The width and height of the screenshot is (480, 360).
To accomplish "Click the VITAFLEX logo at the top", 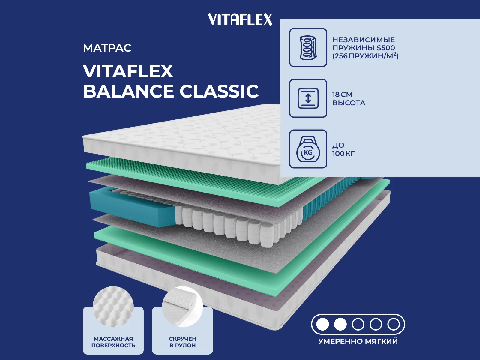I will coord(240,20).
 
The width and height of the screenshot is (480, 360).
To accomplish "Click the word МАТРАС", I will coord(107,48).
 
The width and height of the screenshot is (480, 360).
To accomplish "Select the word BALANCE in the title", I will coord(128,91).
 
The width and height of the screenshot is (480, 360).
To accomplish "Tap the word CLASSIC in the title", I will coord(219,91).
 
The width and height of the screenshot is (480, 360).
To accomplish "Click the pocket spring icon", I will coord(308,47).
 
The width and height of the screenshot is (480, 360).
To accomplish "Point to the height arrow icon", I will coord(308,98).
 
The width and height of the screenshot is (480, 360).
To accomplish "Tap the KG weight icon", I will coord(308,149).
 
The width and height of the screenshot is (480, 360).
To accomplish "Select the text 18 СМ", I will coord(342,94).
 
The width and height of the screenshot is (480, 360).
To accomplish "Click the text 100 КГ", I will coord(343,154).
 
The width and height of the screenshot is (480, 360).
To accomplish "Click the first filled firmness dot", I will coord(323,324).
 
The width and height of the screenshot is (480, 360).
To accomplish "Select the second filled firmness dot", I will coord(340,324).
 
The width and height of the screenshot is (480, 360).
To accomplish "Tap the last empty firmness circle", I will coord(394,324).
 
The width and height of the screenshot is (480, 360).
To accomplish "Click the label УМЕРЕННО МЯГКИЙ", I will coord(358,341).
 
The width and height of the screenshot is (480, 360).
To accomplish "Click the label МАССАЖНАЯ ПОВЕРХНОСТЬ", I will coord(113,342).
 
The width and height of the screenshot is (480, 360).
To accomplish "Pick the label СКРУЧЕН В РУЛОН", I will coord(182,342).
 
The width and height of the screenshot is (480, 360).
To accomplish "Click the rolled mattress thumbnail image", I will coord(182,306).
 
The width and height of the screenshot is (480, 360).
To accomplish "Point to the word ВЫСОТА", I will coord(349,103).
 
